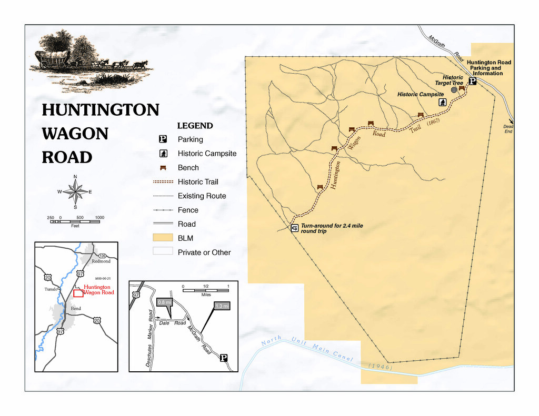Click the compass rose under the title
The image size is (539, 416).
tap(75, 191)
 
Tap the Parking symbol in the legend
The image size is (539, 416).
tap(163, 139)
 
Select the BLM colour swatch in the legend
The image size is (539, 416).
tap(163, 238)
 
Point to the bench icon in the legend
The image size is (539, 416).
tap(163, 167)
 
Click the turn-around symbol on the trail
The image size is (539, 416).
tap(294, 228)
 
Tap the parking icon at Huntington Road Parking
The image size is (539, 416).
tap(472, 81)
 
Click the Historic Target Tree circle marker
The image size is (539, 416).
tap(454, 90)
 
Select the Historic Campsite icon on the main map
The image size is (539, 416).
tap(443, 102)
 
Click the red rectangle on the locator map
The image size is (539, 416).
tap(78, 293)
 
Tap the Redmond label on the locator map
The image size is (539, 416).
tap(101, 261)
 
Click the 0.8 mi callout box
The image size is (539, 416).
tap(165, 302)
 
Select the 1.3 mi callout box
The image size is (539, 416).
tap(222, 306)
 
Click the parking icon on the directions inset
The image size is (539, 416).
tap(223, 358)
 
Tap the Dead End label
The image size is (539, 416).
tap(508, 129)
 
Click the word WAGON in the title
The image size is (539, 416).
tap(75, 134)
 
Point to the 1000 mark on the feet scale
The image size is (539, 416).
tap(99, 217)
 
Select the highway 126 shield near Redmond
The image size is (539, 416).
tap(102, 255)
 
